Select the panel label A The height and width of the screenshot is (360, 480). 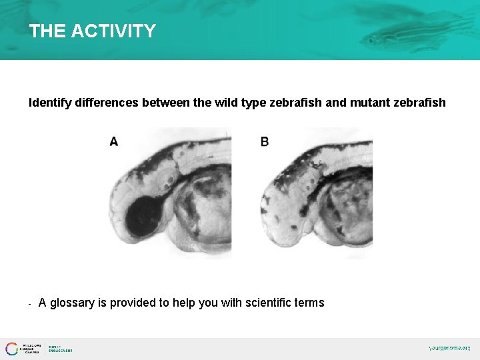tap(114, 141)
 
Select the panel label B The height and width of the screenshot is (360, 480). tap(265, 141)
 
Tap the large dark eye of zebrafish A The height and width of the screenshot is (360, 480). tap(144, 217)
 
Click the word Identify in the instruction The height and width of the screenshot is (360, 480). tap(50, 103)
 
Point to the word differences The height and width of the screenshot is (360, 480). tap(107, 103)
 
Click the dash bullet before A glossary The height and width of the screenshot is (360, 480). tap(31, 303)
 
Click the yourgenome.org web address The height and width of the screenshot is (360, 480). tap(449, 348)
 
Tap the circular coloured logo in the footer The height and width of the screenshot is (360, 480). tap(12, 349)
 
